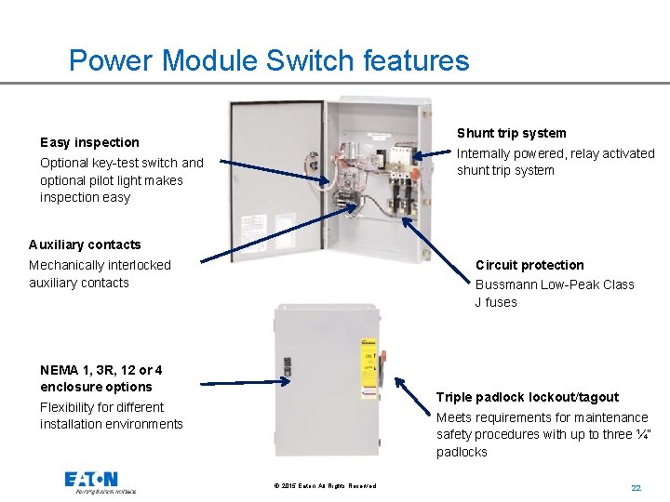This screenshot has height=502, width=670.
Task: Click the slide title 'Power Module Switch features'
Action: pos(269,60)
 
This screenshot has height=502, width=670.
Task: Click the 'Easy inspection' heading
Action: pos(89,142)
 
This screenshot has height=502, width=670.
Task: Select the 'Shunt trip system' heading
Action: pos(511,133)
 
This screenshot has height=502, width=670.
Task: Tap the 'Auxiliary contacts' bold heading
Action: pos(85,244)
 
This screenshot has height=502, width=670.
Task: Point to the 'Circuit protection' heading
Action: pos(529,265)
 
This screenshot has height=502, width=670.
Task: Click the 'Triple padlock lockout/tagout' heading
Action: pos(527,397)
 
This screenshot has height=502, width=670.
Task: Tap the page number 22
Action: pos(636,487)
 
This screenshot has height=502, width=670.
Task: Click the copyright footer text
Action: pos(326,486)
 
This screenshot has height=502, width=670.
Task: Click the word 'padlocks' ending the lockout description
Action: pos(462,452)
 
